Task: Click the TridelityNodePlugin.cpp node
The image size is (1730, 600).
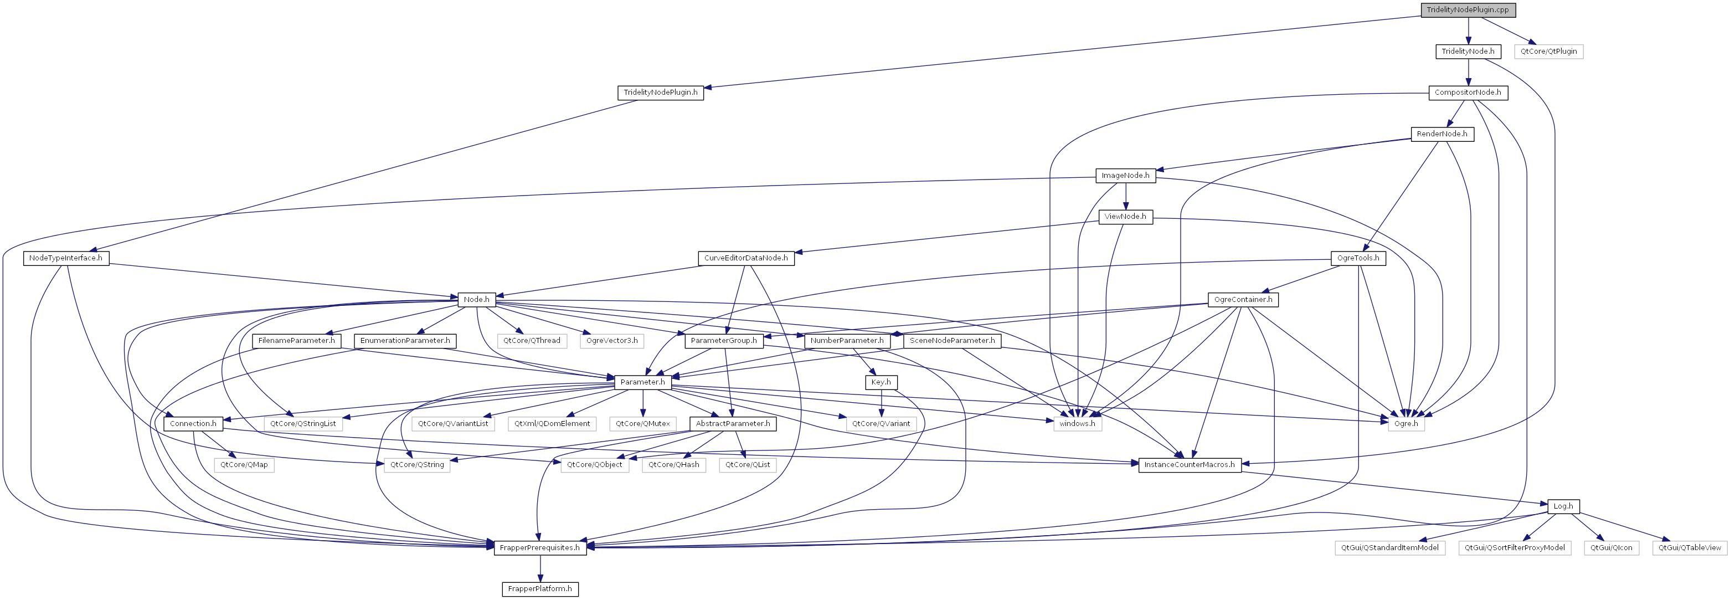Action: (x=1468, y=10)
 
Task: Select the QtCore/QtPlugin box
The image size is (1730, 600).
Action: (x=1549, y=52)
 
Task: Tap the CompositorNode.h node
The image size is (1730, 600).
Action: (x=1468, y=93)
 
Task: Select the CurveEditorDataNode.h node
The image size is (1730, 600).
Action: (x=745, y=259)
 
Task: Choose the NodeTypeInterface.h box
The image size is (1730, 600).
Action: (x=66, y=259)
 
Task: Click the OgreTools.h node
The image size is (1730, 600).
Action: (x=1358, y=259)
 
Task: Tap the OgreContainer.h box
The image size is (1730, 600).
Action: (x=1243, y=300)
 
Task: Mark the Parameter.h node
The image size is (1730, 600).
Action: (x=643, y=382)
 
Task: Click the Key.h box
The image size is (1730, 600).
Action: (x=881, y=382)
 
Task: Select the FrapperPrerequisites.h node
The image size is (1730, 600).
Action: (x=540, y=547)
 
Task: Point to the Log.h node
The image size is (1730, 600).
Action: (x=1563, y=506)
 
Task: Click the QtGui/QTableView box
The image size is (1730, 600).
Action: (x=1689, y=547)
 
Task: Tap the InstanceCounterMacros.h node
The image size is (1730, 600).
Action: (x=1189, y=465)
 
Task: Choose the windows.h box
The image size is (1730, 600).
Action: (x=1077, y=424)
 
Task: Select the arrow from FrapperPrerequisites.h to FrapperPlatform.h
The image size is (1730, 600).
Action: (x=540, y=568)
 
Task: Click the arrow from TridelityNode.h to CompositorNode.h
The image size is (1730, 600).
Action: (x=1468, y=73)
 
